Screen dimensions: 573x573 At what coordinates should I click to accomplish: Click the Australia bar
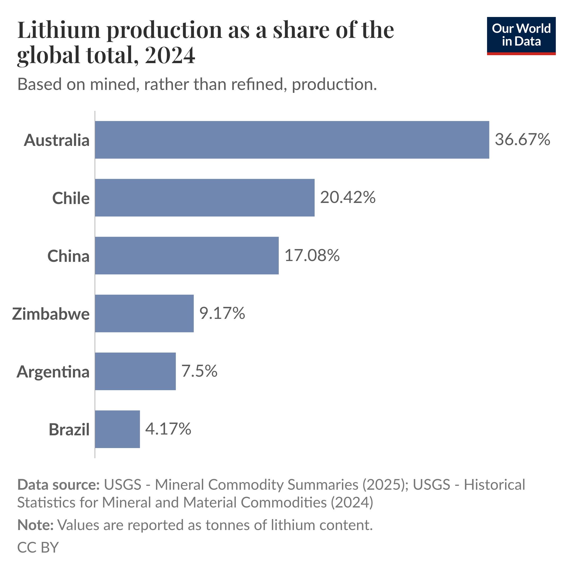pos(292,140)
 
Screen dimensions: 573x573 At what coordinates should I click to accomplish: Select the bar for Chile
pos(205,198)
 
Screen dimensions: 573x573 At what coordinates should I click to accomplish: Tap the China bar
pos(187,255)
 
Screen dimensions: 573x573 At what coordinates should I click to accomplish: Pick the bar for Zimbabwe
pos(144,313)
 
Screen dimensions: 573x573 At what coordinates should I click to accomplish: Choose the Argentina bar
pos(135,371)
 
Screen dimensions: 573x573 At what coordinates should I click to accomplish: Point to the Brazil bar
pos(118,429)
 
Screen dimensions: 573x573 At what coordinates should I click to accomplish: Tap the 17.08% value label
pos(312,255)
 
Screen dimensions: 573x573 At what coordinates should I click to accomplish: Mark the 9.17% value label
pos(222,313)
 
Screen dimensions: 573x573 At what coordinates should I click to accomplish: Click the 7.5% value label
pos(199,371)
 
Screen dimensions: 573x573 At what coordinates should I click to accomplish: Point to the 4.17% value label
pos(168,429)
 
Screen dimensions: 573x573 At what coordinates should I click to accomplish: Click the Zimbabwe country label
pos(51,314)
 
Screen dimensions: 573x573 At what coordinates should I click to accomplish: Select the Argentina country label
pos(53,372)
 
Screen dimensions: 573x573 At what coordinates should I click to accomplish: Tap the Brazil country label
pos(69,429)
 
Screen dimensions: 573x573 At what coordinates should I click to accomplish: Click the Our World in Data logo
pos(521,36)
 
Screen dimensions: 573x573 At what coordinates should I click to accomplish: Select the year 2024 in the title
pos(170,55)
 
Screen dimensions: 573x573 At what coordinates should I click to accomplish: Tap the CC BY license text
pos(38,547)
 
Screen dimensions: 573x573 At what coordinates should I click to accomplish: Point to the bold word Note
pos(35,525)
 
